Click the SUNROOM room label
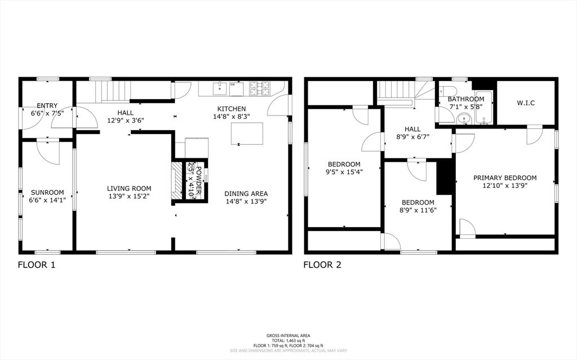click(x=47, y=192)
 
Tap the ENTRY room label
click(x=47, y=105)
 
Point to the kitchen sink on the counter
click(x=220, y=88)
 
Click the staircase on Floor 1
click(x=112, y=90)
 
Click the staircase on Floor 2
click(x=396, y=90)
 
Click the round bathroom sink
click(x=463, y=119)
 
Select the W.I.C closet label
click(x=525, y=103)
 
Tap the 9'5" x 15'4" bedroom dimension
click(x=344, y=172)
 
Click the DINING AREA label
click(x=246, y=193)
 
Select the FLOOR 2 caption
click(x=322, y=264)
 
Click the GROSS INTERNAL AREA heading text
click(x=288, y=336)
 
